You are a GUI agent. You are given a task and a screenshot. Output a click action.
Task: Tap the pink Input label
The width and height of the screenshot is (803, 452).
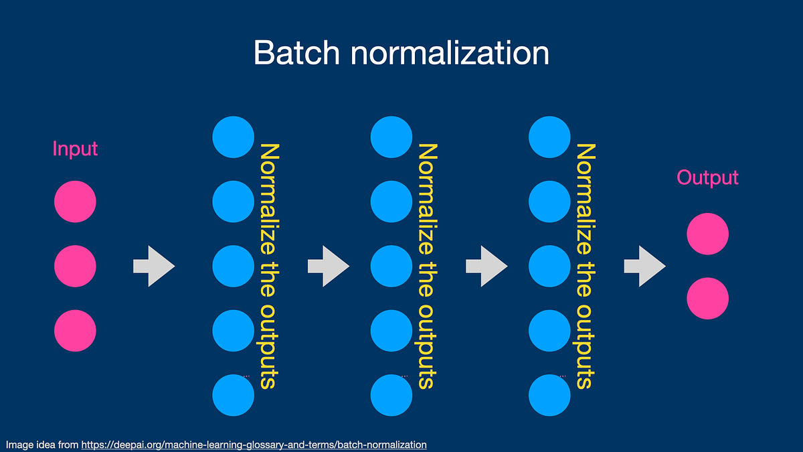pos(75,149)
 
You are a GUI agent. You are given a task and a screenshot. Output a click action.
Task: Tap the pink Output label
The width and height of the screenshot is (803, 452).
pos(707,177)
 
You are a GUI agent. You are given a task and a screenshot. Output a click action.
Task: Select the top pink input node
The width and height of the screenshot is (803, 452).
pos(75,202)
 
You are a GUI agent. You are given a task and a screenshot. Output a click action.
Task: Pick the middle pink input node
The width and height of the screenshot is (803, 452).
pos(75,266)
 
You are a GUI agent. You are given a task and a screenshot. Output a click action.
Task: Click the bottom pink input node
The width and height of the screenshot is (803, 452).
pos(75,330)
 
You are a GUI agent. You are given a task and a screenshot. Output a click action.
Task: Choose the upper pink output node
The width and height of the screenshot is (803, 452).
pos(707,234)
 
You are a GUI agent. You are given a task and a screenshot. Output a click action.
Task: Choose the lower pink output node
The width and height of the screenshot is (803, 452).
pos(707,298)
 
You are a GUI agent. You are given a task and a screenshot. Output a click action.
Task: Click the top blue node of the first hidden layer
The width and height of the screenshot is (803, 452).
pos(234,137)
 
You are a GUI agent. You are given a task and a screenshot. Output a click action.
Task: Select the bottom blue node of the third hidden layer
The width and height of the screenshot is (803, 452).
pos(549,394)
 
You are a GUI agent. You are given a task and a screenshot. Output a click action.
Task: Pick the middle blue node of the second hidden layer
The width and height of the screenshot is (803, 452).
pos(391,266)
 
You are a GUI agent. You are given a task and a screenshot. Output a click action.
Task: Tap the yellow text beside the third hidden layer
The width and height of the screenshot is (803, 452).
pos(584,266)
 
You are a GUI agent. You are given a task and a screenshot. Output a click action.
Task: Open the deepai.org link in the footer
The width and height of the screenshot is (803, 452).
pos(254,445)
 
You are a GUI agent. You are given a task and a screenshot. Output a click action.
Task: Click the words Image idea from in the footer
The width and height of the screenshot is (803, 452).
pos(41,445)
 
